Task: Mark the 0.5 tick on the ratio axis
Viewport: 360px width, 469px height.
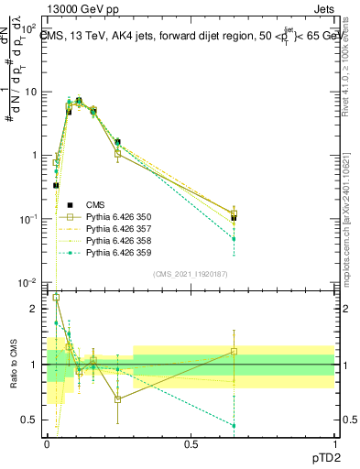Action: coord(35,420)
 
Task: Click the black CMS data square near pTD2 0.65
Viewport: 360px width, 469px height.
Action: coord(234,218)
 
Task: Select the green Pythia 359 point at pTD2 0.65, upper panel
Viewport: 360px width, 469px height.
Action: coord(234,239)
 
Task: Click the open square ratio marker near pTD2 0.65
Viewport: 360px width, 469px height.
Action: coord(234,351)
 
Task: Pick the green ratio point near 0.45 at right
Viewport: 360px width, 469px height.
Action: coord(234,426)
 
